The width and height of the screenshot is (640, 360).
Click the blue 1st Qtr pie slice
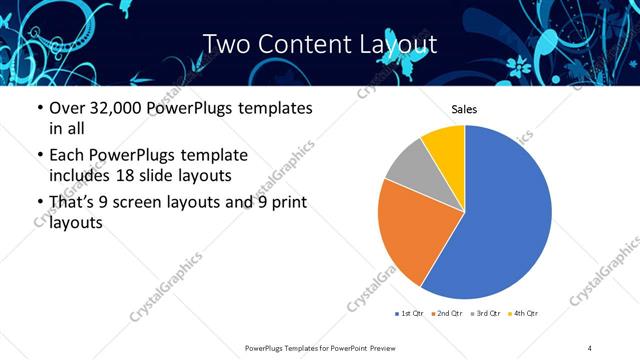tap(505, 215)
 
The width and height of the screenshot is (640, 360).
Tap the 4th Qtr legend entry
tap(525, 314)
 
